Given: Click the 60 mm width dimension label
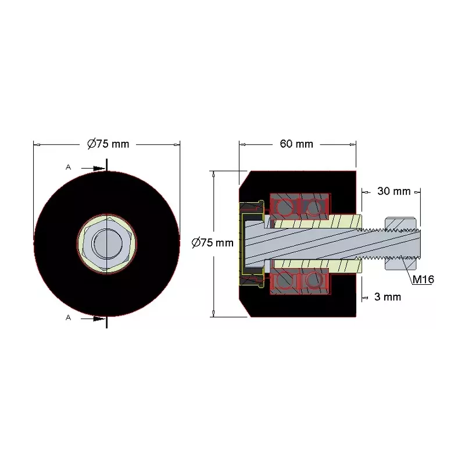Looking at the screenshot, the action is tap(296, 144).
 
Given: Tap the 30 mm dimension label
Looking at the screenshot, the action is tap(394, 191).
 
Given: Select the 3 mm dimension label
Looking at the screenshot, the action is tap(388, 297).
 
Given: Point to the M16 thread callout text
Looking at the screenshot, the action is tap(423, 279).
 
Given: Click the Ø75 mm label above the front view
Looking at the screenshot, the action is tap(108, 144).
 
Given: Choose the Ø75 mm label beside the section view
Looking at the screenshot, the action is tap(212, 243).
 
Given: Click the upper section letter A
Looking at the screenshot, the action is tap(68, 167).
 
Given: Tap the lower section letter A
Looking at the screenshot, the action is tap(68, 317).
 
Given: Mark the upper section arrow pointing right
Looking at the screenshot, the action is tap(93, 169).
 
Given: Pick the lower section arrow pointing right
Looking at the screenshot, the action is tap(93, 319).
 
